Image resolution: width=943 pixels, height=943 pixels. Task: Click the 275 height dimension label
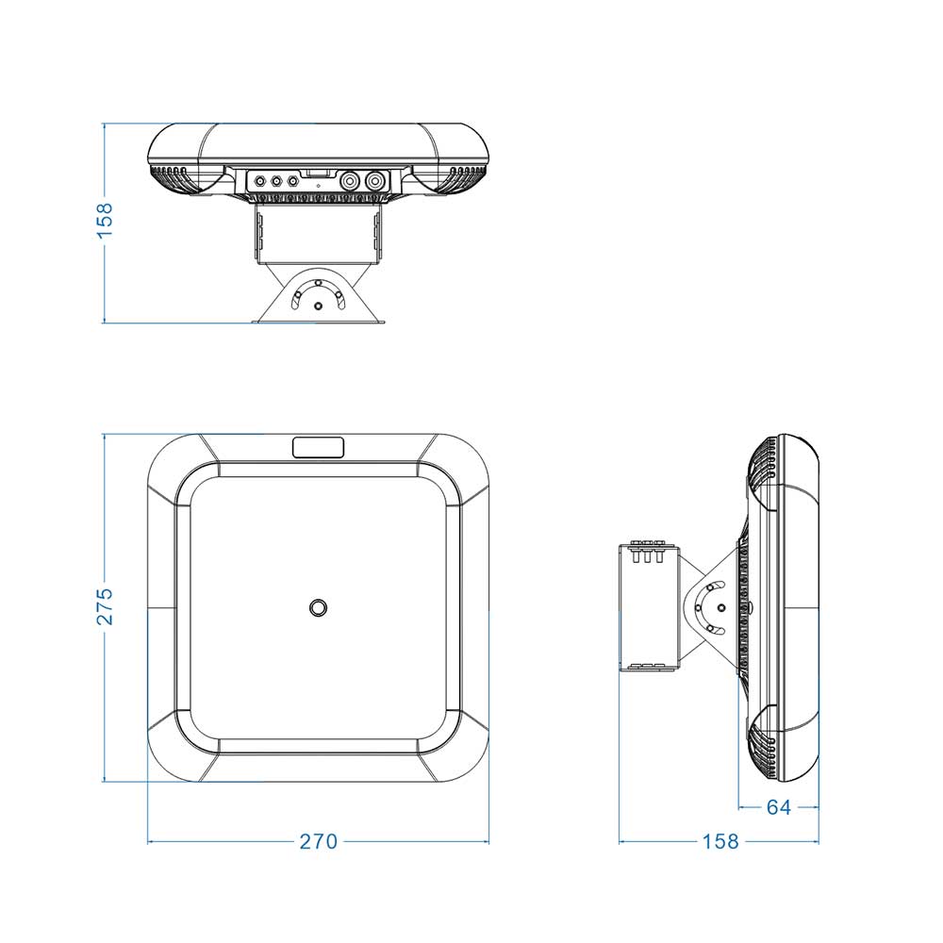pos(105,606)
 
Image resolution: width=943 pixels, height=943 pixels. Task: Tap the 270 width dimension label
pos(319,841)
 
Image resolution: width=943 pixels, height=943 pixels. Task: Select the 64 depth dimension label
pos(779,807)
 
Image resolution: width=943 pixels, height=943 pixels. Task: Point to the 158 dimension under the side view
pos(720,841)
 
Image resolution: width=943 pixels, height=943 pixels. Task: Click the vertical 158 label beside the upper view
pos(105,221)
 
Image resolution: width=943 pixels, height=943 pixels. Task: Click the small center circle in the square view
pos(318,607)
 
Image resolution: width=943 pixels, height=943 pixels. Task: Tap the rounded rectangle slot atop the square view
pos(318,447)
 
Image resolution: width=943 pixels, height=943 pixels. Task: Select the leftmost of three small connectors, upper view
pos(260,180)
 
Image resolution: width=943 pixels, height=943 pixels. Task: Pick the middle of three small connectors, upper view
pos(276,180)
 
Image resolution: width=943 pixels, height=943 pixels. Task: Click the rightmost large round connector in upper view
pos(375,180)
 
